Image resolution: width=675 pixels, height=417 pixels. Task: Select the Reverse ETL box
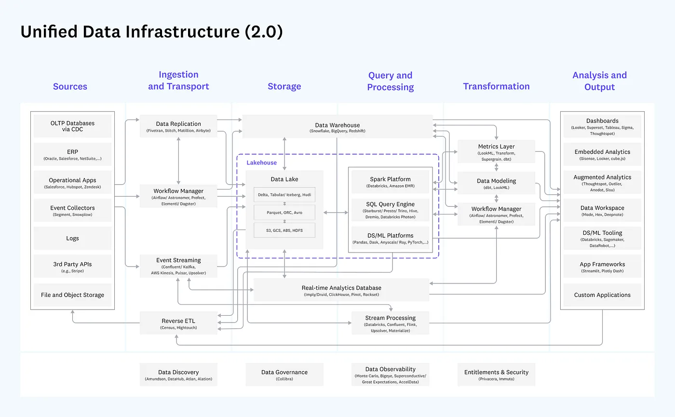[178, 323]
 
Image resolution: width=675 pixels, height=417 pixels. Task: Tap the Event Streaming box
[178, 266]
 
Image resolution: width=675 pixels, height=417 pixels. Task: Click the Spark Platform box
[390, 182]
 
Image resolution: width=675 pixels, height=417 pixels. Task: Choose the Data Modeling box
[496, 184]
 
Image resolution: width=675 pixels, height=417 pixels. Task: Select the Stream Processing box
[390, 323]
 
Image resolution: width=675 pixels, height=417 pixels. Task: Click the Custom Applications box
[602, 295]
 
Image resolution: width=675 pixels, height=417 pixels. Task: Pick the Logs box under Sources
[72, 238]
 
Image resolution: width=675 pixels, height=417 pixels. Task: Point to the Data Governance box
[284, 375]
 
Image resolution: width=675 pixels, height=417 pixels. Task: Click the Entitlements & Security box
[496, 375]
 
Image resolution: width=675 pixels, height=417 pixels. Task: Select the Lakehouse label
[262, 163]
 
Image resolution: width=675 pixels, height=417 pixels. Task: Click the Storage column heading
[284, 86]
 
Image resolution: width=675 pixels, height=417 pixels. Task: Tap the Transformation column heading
[496, 86]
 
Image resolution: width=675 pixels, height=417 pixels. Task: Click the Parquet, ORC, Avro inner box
[284, 212]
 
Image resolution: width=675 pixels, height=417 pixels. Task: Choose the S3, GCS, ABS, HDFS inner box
[284, 230]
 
